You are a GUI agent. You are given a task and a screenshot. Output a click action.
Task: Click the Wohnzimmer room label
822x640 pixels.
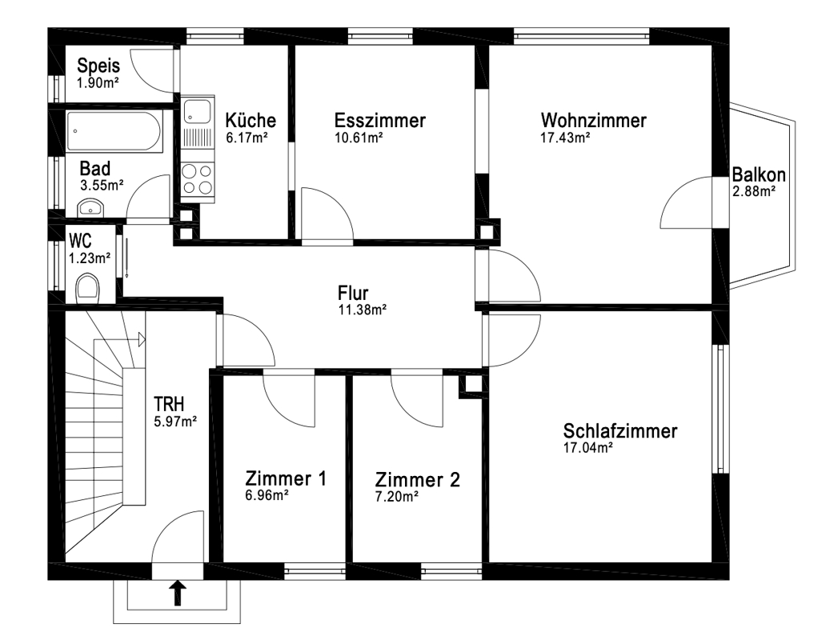point(593,120)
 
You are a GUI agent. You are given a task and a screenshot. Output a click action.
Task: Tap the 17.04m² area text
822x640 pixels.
point(588,448)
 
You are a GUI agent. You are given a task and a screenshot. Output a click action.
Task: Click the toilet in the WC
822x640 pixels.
point(87,290)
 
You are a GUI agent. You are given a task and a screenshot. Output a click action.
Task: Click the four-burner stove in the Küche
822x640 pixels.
point(198,179)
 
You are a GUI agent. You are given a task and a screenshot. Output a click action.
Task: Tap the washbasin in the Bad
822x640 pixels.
point(91,207)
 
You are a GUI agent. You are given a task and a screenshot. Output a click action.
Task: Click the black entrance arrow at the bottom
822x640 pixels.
point(178,593)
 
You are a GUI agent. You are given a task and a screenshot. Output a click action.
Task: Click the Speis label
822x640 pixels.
point(98,66)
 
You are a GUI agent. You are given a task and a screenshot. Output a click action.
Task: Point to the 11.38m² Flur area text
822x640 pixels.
point(363,310)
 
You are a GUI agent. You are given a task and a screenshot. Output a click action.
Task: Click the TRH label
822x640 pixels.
point(169,404)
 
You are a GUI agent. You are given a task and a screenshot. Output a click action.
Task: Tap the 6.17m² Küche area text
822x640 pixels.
point(247,138)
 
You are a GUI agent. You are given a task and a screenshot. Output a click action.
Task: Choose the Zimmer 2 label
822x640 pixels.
point(417,479)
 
